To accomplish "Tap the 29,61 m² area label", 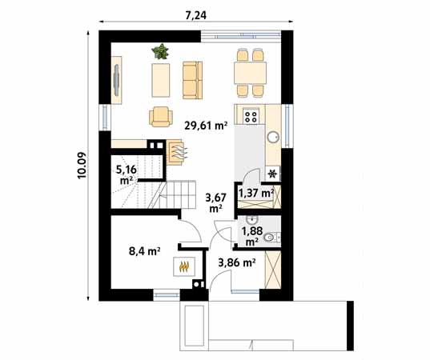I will pos(206,125).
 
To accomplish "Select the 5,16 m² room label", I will pos(125,174).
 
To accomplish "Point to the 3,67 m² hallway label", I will pos(214,201).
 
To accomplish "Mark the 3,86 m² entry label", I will pos(237,262).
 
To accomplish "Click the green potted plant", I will pos(162,52).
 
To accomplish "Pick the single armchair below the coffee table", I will pos(161,117).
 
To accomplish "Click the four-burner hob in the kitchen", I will pos(251,117).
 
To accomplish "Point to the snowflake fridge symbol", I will pos(272,173).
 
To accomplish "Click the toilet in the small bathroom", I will pos(271,236).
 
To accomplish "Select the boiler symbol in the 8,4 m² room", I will pos(183,266).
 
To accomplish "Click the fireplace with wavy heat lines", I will pos(176,150).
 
